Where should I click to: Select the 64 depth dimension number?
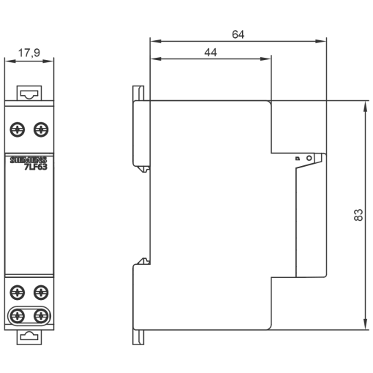coord(238,34)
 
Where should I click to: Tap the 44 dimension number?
coord(210,53)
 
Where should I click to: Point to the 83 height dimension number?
coord(358,215)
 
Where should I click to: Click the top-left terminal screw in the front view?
coord(18,129)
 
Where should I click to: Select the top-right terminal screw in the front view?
coord(41,129)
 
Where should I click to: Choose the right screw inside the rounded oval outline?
coord(41,316)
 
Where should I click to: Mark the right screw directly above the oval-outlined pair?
coord(41,293)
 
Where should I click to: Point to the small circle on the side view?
coord(309,157)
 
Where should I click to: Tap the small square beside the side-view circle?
coord(298,158)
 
